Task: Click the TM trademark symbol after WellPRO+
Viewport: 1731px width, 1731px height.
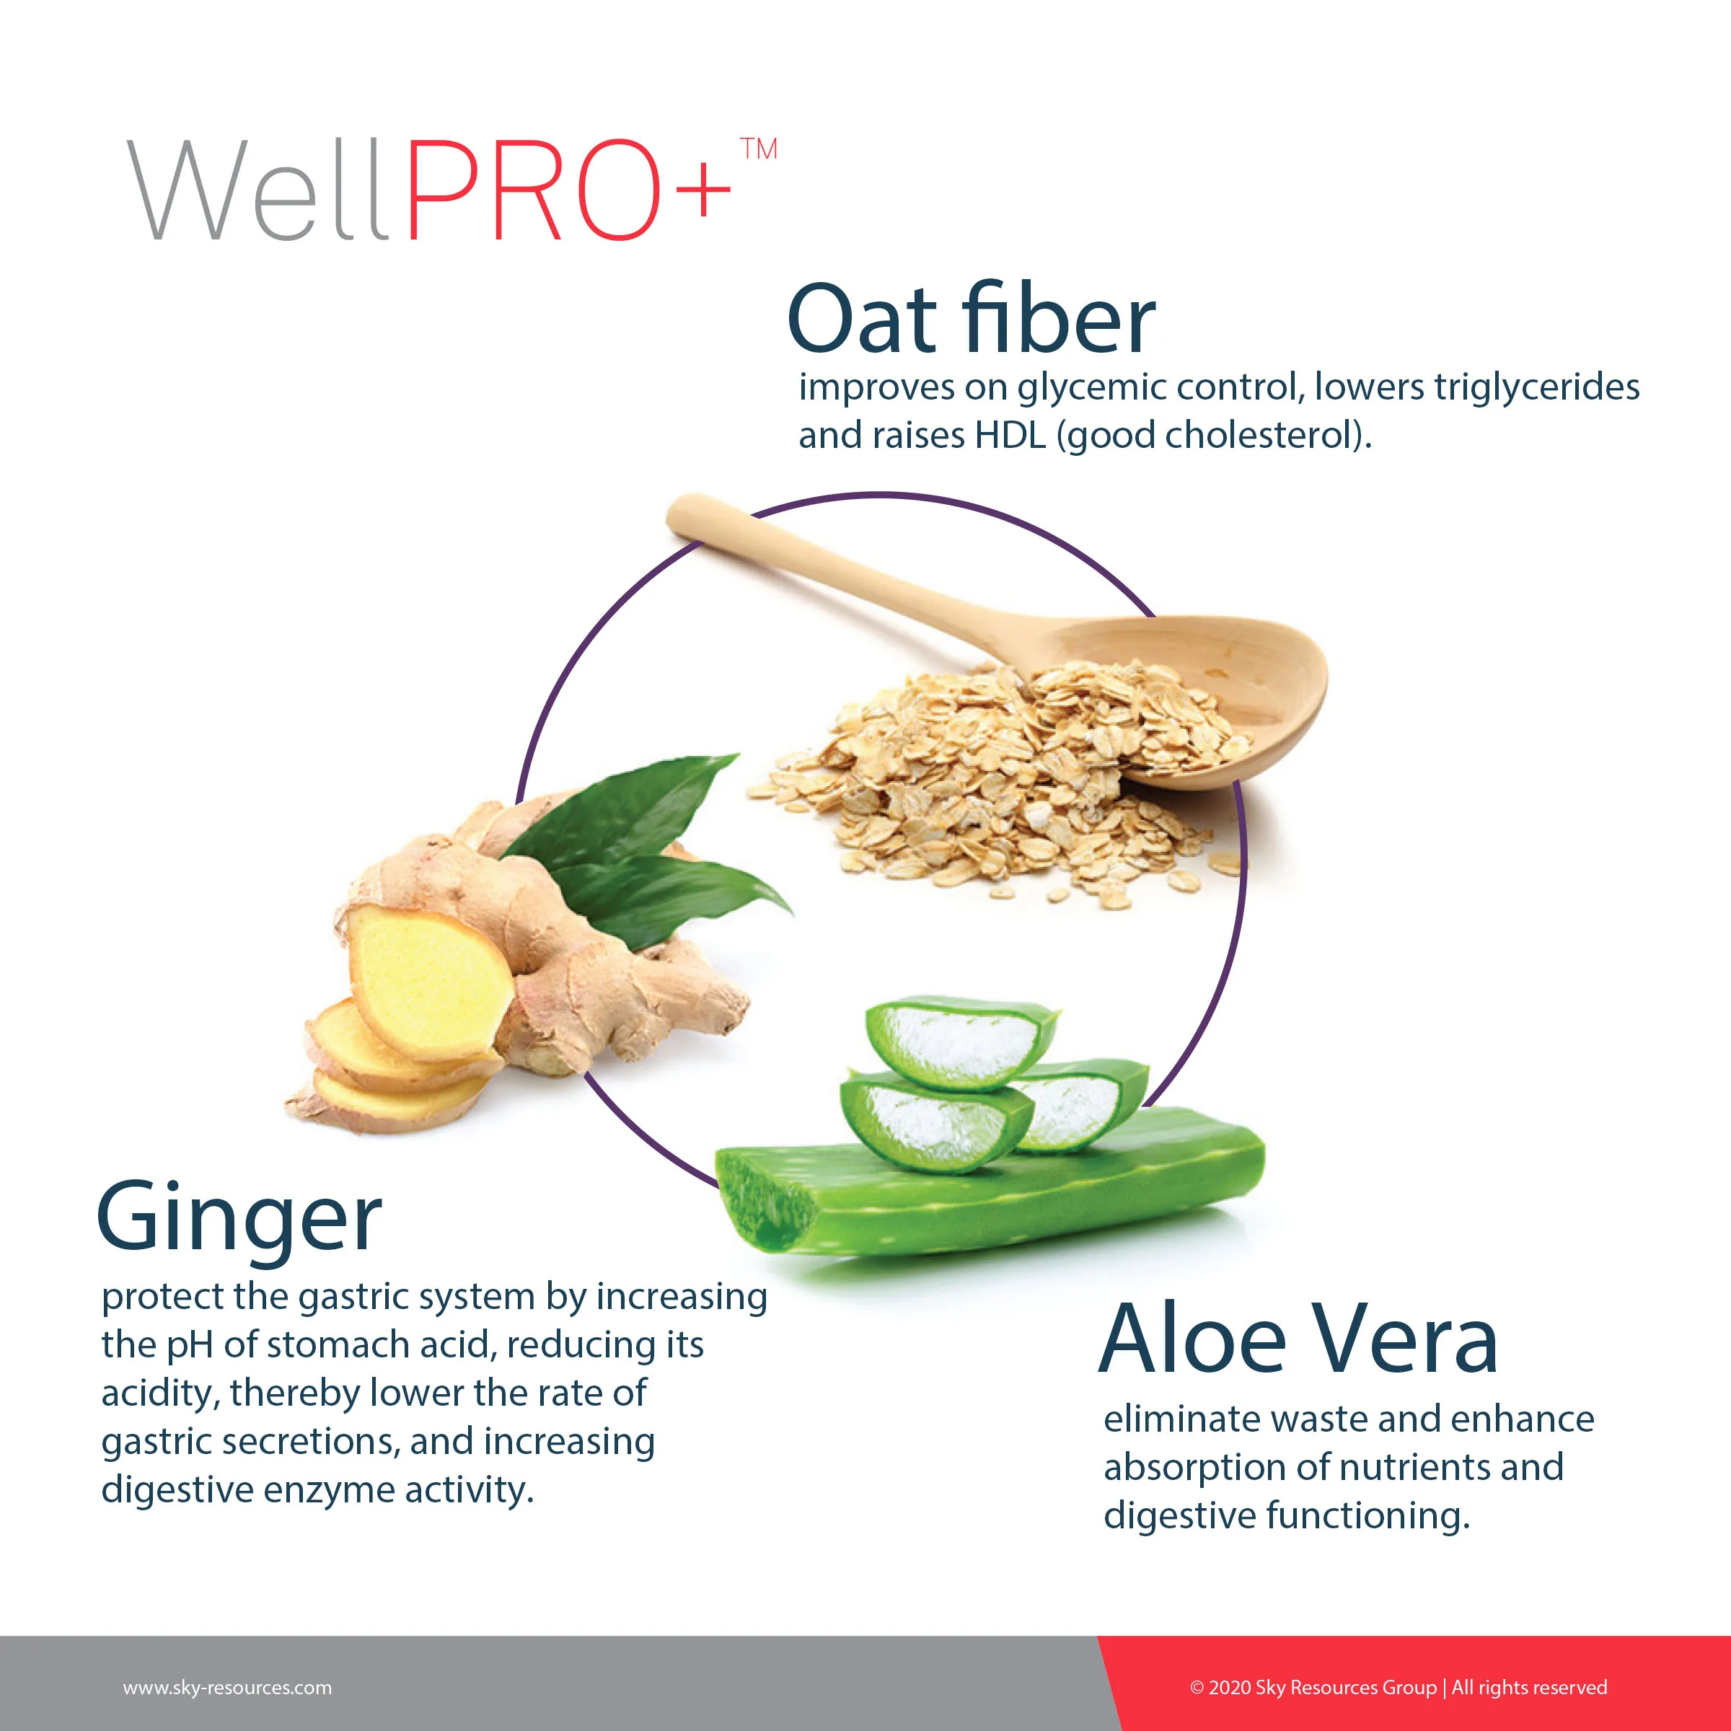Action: pos(759,149)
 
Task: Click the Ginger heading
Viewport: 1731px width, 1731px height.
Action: pos(239,1218)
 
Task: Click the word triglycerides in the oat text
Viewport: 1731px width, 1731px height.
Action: pos(1536,388)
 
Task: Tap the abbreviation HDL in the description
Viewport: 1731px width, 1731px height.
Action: pos(1010,436)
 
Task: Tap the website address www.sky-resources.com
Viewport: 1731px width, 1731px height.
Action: pos(228,1688)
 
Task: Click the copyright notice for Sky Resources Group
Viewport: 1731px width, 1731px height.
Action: pos(1398,1688)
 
